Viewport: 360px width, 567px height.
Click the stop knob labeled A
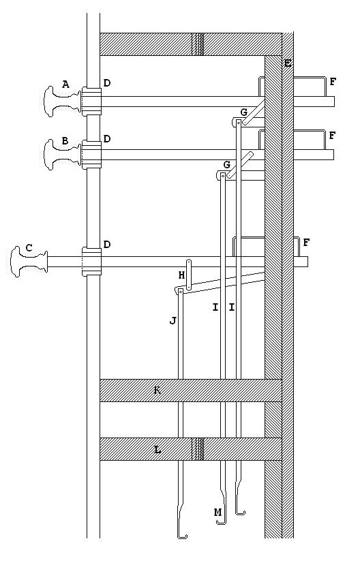(61, 102)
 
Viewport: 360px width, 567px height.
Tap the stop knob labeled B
(61, 155)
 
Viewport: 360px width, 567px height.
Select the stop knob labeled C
(29, 262)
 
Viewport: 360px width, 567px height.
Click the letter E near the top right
(288, 63)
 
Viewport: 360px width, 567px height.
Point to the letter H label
(181, 275)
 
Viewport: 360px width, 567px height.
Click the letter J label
(173, 320)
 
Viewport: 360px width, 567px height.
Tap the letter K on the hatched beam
(157, 390)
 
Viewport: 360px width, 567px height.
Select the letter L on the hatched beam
(157, 450)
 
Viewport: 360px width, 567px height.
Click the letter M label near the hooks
(217, 512)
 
